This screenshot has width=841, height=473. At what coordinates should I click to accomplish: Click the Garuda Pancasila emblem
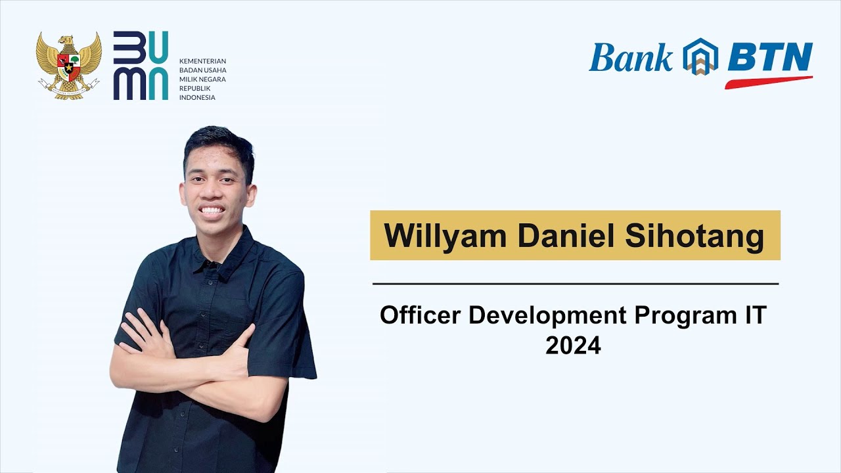[x=68, y=66]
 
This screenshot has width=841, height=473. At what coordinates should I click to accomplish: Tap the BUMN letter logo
[x=141, y=66]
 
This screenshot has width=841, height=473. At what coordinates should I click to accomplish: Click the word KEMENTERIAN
[x=202, y=61]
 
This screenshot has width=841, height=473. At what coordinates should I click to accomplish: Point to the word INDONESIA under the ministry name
[x=197, y=98]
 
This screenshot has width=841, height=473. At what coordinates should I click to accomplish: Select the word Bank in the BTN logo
[x=631, y=58]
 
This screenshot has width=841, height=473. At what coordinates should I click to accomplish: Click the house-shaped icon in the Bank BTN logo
[x=700, y=56]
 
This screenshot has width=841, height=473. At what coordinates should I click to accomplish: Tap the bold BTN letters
[x=770, y=58]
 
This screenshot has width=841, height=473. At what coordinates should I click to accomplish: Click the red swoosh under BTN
[x=769, y=82]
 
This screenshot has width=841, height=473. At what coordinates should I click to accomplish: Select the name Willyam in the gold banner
[x=445, y=236]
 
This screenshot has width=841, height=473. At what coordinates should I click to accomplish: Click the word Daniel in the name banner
[x=565, y=236]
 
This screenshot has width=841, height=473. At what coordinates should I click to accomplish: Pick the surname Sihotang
[x=694, y=236]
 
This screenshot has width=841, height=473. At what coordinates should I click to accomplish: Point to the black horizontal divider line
[x=576, y=284]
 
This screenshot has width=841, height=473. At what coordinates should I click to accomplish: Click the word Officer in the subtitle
[x=420, y=315]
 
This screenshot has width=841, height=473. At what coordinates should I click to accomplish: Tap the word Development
[x=548, y=315]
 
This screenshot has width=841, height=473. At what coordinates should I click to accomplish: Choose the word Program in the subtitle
[x=681, y=315]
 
